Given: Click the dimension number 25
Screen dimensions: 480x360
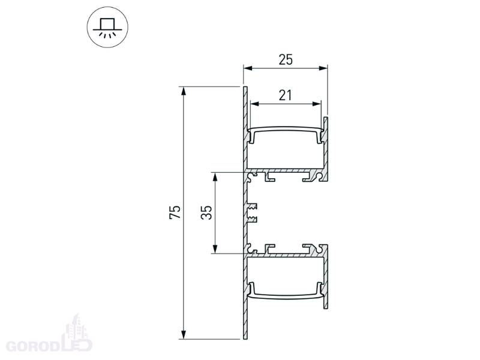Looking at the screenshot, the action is pyautogui.click(x=286, y=59).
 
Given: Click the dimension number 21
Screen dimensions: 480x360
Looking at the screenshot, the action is pyautogui.click(x=286, y=95).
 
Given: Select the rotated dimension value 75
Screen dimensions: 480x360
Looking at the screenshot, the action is pyautogui.click(x=175, y=212).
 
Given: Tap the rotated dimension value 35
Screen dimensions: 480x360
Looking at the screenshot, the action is pyautogui.click(x=206, y=212).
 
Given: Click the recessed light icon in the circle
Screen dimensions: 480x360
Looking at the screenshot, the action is pyautogui.click(x=107, y=27).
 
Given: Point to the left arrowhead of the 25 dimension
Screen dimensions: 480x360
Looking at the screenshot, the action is pyautogui.click(x=248, y=68).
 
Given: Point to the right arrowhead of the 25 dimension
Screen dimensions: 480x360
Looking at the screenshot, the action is pyautogui.click(x=323, y=68).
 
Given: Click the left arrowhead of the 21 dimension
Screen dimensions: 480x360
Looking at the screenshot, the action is pyautogui.click(x=254, y=104).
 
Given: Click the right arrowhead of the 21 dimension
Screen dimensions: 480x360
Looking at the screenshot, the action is pyautogui.click(x=317, y=104).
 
